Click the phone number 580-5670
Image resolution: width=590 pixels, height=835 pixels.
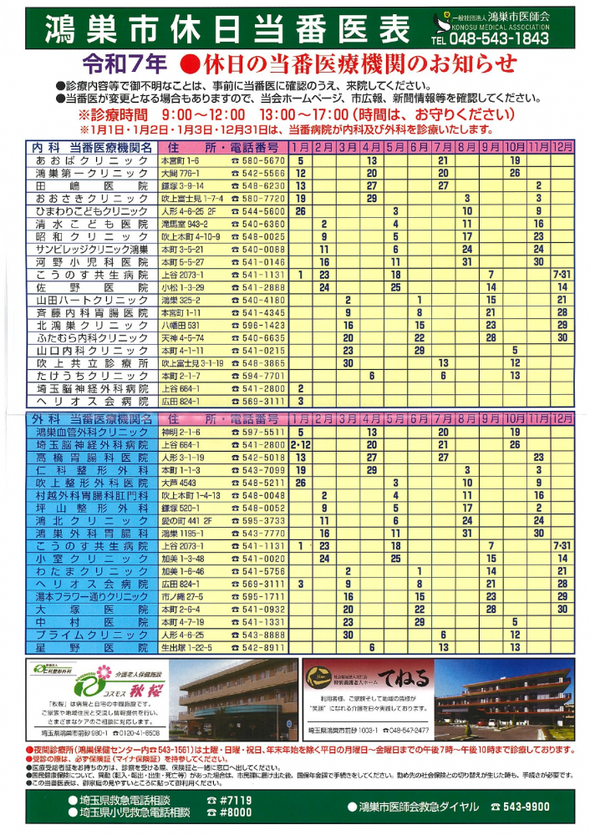(x=258, y=160)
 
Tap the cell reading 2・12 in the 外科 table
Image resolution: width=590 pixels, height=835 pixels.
(x=300, y=445)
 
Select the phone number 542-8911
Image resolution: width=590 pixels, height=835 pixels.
(x=258, y=647)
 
